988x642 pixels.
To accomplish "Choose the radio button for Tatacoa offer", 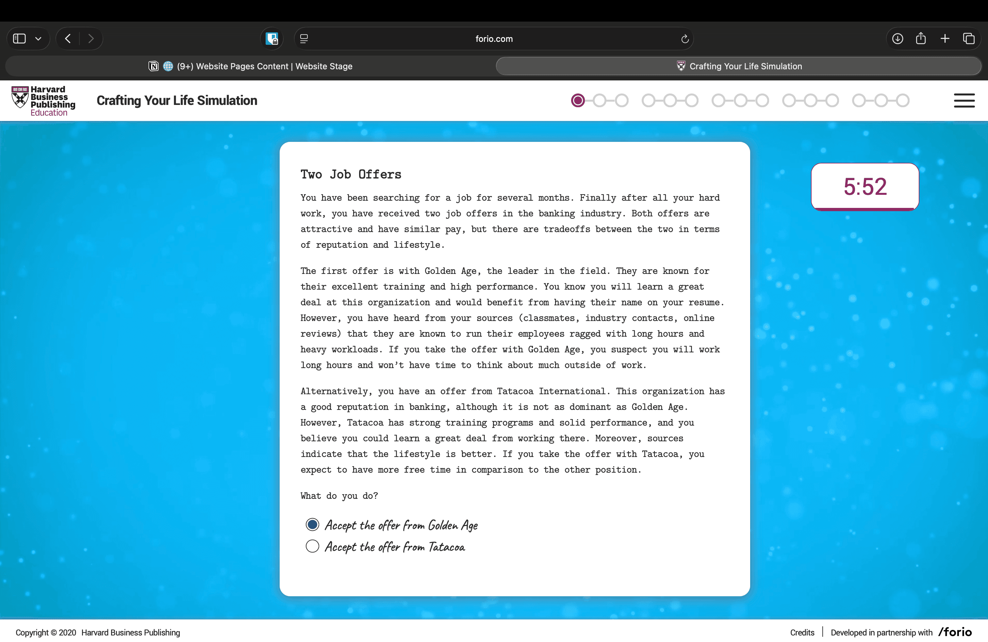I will tap(312, 546).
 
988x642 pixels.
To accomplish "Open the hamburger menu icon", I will tap(964, 100).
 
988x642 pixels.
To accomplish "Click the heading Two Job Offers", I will tap(351, 175).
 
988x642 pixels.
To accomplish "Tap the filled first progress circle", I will tap(577, 100).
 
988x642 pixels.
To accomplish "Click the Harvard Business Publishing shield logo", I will tap(20, 98).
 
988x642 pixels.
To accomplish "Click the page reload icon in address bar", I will tap(685, 39).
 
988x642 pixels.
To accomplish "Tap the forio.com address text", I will tap(494, 39).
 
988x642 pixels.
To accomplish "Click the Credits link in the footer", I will tap(802, 632).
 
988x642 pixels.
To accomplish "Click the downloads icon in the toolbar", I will tap(897, 39).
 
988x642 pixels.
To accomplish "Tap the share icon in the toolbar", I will tap(921, 39).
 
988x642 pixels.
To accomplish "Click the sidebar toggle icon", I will tap(20, 39).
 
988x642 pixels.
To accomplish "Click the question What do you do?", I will tap(339, 496).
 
